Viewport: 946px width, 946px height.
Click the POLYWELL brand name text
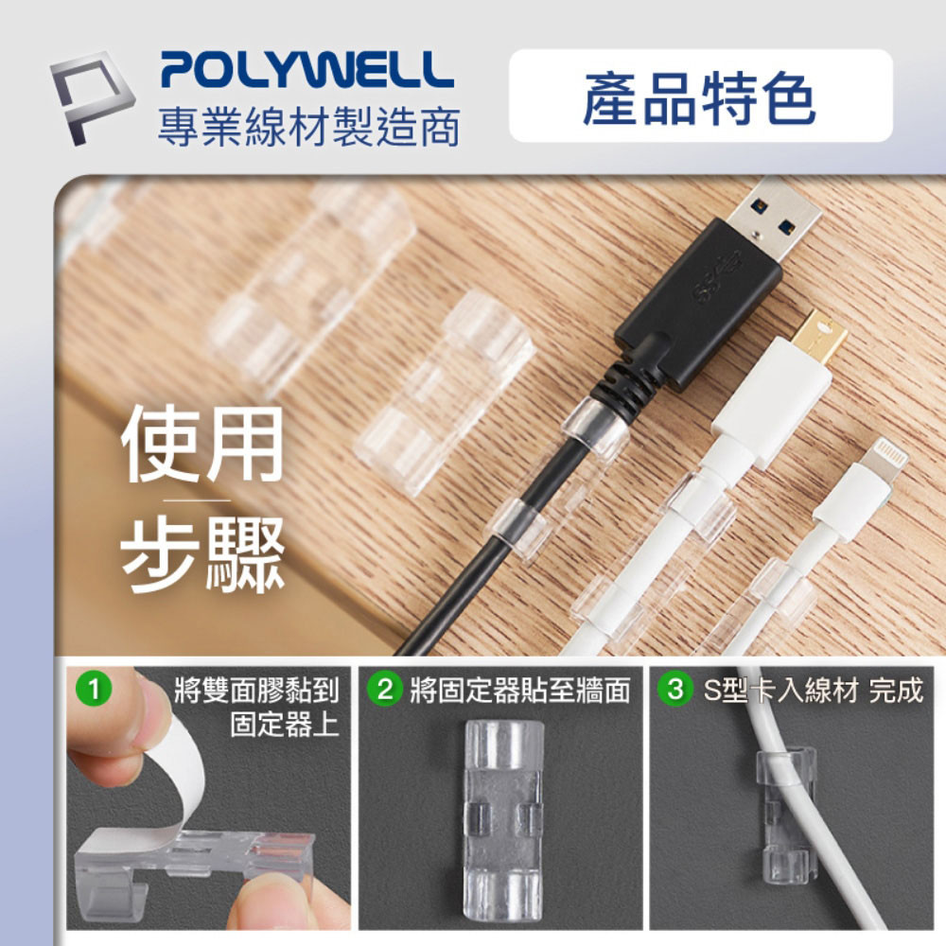click(x=307, y=70)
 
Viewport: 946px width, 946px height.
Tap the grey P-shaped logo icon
click(x=92, y=97)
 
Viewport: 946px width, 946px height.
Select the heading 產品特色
click(x=699, y=96)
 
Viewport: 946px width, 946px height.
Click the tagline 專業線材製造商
click(x=309, y=128)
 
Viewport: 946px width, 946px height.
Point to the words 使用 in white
click(x=202, y=444)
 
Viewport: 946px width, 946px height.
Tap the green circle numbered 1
click(x=94, y=690)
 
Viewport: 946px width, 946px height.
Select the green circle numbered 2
click(x=385, y=690)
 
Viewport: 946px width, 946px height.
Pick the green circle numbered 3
click(x=675, y=689)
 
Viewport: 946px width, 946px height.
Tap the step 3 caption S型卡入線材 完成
click(x=814, y=690)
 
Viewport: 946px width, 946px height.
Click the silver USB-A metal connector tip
click(x=774, y=216)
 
